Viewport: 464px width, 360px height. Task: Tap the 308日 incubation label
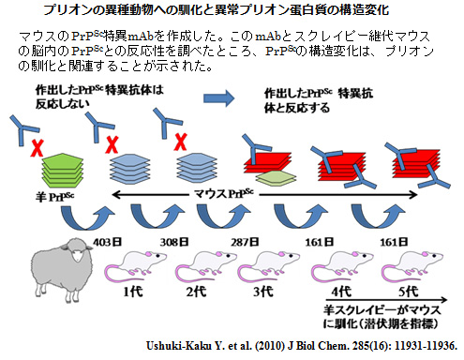tap(180, 241)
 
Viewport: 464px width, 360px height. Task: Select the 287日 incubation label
tap(246, 241)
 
